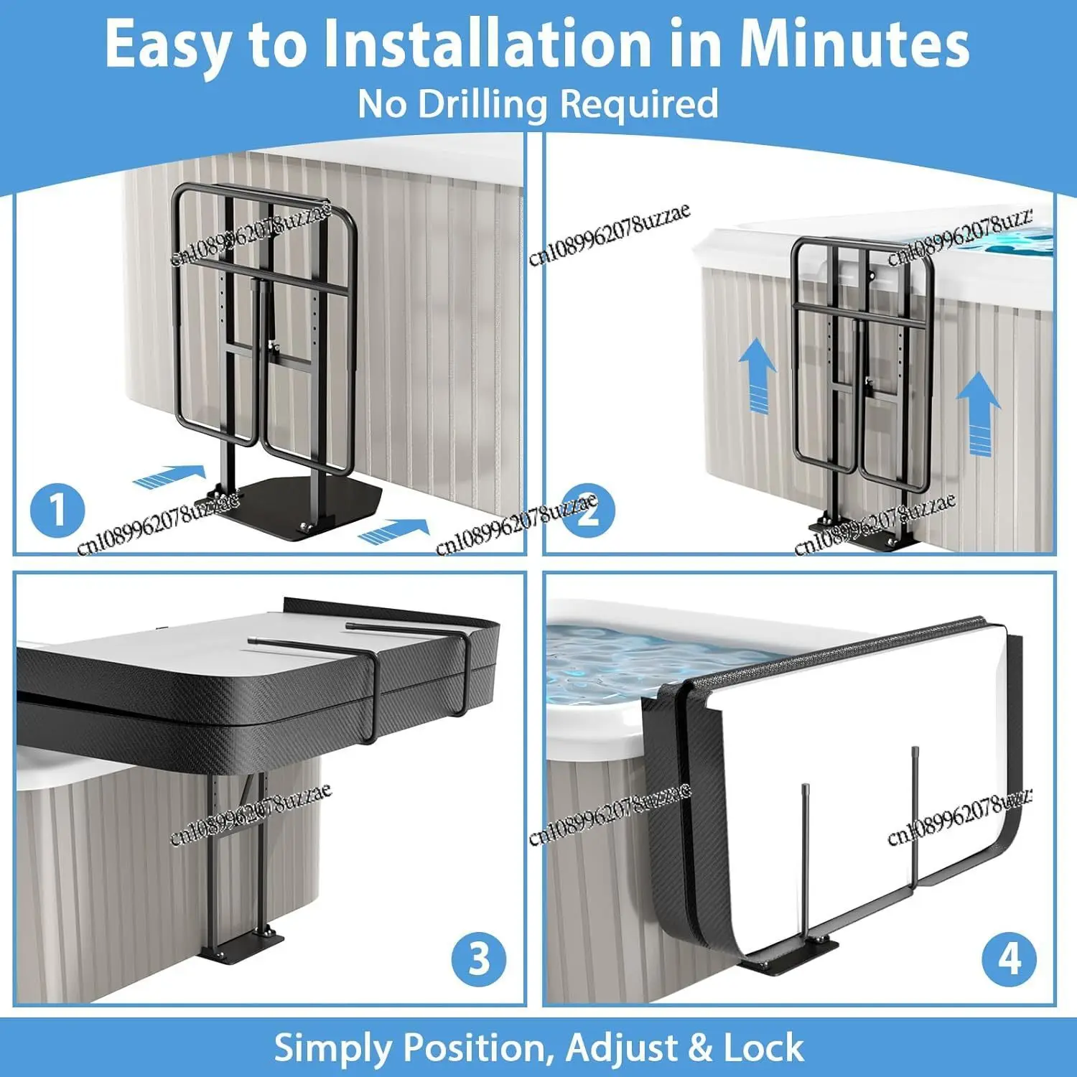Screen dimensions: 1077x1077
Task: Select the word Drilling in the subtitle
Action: pyautogui.click(x=482, y=104)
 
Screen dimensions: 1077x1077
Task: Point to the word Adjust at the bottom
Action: pyautogui.click(x=621, y=1048)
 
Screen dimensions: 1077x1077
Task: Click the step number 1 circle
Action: pyautogui.click(x=57, y=510)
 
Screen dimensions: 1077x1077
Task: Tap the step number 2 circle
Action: pyautogui.click(x=588, y=510)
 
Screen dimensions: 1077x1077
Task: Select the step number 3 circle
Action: pyautogui.click(x=479, y=959)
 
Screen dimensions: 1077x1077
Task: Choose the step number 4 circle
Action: pyautogui.click(x=1010, y=959)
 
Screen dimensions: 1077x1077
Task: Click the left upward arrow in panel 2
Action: pyautogui.click(x=757, y=377)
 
